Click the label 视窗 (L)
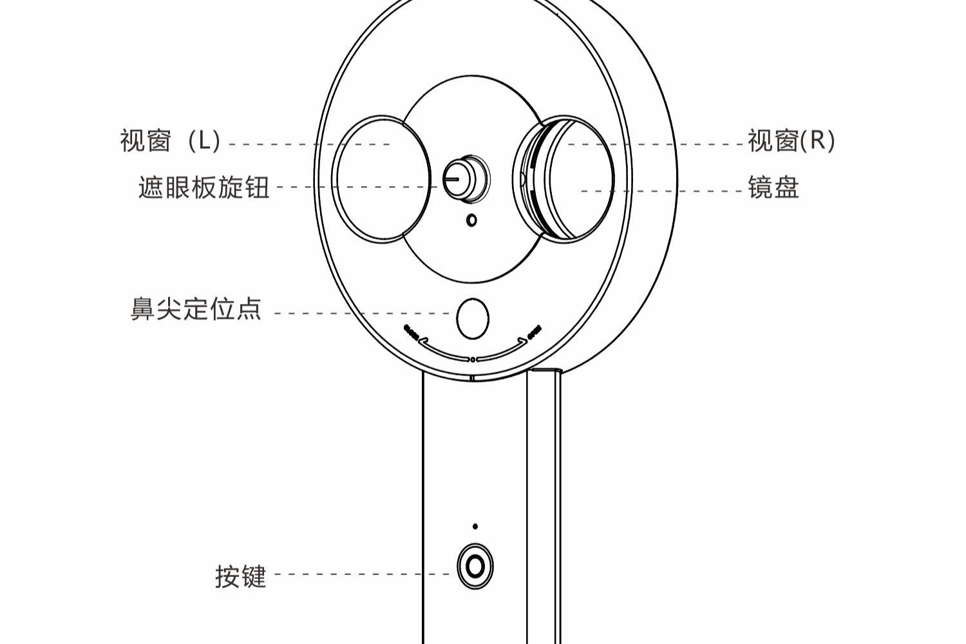(x=170, y=140)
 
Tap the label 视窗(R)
(x=791, y=140)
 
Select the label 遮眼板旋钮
(x=204, y=187)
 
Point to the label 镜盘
(x=773, y=188)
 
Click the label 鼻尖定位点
(x=196, y=309)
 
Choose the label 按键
(x=240, y=576)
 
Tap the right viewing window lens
(x=580, y=179)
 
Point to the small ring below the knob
(x=471, y=220)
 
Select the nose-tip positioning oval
(x=472, y=318)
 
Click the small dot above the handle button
(x=475, y=526)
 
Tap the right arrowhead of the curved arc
(x=522, y=341)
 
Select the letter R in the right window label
(x=817, y=140)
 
